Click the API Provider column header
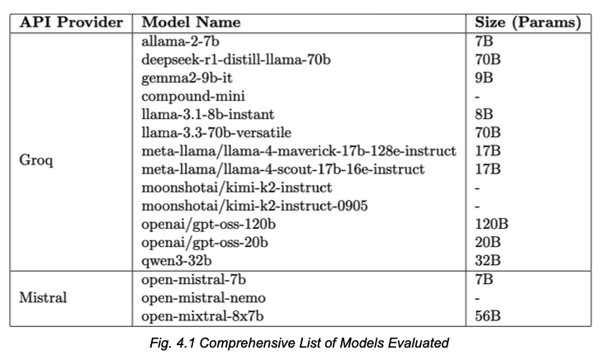click(x=71, y=22)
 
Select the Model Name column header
click(x=191, y=22)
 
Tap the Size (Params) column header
click(x=528, y=23)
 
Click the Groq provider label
click(x=36, y=160)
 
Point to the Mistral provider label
click(x=43, y=297)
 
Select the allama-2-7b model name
click(x=180, y=41)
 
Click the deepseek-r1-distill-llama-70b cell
click(x=236, y=59)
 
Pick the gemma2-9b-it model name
click(x=187, y=78)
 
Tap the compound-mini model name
click(x=193, y=97)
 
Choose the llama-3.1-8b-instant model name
click(x=208, y=114)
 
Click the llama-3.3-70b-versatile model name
click(x=216, y=133)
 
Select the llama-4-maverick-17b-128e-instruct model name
click(x=299, y=151)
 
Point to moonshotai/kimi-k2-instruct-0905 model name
click(x=254, y=206)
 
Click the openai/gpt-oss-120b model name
click(x=208, y=225)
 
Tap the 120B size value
click(x=491, y=224)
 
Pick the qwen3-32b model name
click(x=177, y=261)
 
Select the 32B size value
click(x=488, y=261)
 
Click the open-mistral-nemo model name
click(x=203, y=298)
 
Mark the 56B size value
click(x=488, y=316)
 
